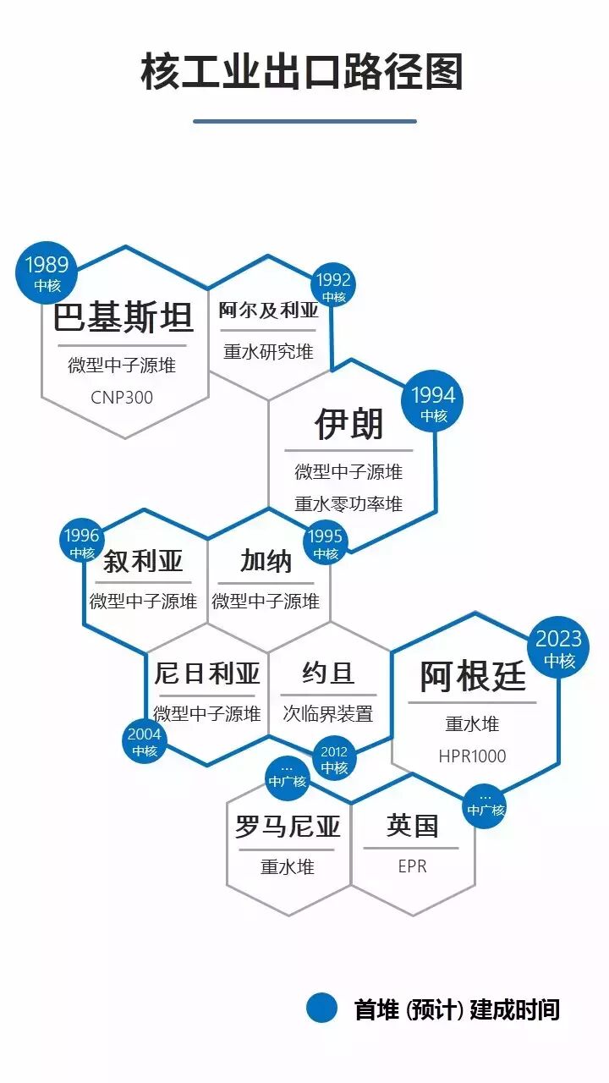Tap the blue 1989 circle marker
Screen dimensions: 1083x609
pos(47,273)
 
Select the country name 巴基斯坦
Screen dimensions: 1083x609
pos(123,317)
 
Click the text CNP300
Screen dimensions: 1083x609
pos(122,397)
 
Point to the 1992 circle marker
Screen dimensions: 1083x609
pos(333,289)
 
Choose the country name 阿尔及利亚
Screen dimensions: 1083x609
pos(269,310)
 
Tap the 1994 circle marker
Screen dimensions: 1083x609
pos(434,404)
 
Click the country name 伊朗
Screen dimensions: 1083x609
pos(348,424)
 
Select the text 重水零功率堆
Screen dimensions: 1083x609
pos(348,503)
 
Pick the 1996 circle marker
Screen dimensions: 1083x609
pos(82,541)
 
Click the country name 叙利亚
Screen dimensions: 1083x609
pos(144,561)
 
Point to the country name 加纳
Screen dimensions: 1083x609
pos(266,561)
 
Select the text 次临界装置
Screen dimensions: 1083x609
pos(328,713)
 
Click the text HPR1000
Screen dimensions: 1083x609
pos(472,756)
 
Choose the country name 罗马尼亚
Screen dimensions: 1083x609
pos(288,827)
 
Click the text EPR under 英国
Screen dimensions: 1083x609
pos(412,866)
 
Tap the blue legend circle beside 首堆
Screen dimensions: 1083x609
pos(322,1008)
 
